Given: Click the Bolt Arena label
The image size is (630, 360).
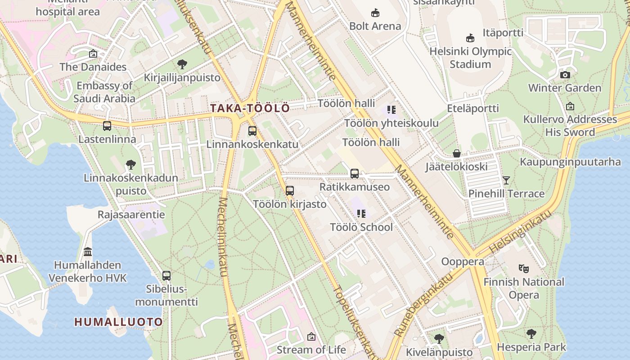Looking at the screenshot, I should [x=375, y=26].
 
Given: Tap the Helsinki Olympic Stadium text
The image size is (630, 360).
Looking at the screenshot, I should [x=470, y=58].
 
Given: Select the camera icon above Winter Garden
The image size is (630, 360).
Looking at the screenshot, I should [x=565, y=75].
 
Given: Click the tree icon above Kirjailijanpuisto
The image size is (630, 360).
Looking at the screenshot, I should [x=182, y=64].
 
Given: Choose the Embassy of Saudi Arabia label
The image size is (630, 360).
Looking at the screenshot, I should [x=104, y=92].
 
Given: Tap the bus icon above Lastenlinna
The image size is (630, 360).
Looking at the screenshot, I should [x=107, y=126].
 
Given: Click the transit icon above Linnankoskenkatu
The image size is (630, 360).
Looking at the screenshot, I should [x=252, y=131].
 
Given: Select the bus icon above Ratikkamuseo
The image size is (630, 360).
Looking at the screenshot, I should [x=355, y=174].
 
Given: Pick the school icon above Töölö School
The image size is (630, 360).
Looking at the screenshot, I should [x=361, y=214].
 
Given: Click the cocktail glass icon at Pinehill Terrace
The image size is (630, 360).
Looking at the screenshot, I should [x=506, y=180].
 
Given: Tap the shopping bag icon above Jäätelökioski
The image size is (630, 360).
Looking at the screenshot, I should [x=457, y=154].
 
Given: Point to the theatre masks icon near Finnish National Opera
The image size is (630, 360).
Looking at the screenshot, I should [x=523, y=269].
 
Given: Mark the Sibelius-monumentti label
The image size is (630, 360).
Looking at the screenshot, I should [x=166, y=295].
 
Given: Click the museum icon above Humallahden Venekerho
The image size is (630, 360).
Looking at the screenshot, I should [x=88, y=252].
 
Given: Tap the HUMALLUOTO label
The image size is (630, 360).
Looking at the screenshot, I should [x=118, y=322].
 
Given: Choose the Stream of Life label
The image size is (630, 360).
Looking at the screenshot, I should [x=311, y=350].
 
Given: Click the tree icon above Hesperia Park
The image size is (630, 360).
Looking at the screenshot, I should [x=531, y=334].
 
